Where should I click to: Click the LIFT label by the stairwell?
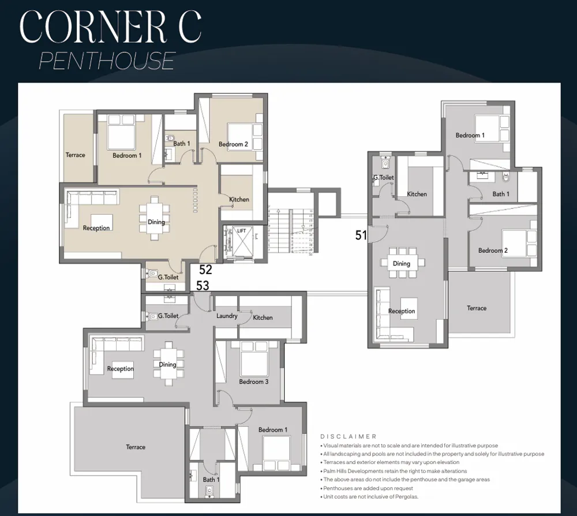click(241, 231)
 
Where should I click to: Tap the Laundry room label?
click(227, 316)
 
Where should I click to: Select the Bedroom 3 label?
click(254, 382)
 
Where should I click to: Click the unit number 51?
click(361, 235)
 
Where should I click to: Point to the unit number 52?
click(205, 270)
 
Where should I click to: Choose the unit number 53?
click(203, 285)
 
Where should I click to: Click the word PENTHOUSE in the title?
click(107, 61)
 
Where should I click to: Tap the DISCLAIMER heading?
click(348, 436)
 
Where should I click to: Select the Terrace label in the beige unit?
click(75, 155)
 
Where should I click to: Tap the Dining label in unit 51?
click(402, 264)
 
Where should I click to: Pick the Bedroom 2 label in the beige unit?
click(233, 144)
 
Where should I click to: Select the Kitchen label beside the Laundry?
click(263, 317)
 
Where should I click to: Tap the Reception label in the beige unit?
click(96, 228)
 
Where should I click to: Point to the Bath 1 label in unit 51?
click(500, 194)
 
